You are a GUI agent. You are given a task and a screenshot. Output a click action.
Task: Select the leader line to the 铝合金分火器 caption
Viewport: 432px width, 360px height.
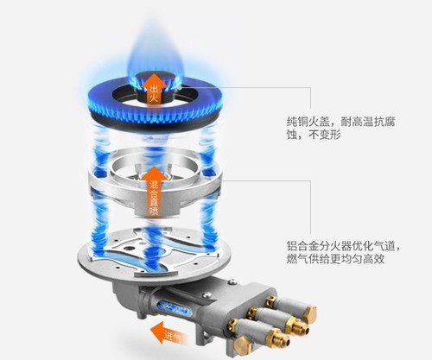[251, 182]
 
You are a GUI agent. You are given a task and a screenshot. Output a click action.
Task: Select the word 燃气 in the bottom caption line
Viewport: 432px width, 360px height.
[298, 257]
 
